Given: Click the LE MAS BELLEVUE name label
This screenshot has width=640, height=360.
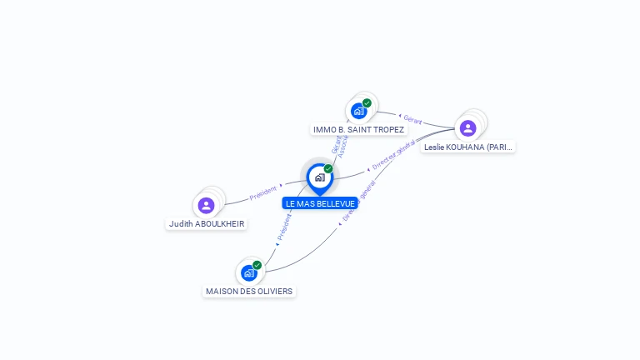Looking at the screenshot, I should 320,203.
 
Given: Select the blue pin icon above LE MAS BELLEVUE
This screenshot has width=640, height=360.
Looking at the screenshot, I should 320,177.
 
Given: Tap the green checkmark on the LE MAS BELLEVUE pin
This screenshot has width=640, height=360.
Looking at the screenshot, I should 328,169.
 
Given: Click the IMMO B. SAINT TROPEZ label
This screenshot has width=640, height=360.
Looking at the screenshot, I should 358,130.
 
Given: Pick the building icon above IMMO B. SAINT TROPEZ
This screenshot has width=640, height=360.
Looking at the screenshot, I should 358,111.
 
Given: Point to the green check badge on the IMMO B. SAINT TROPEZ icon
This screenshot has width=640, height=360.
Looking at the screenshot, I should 367,103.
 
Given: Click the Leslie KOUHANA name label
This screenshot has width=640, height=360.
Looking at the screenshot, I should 467,147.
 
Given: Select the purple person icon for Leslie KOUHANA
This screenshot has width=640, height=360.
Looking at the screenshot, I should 467,127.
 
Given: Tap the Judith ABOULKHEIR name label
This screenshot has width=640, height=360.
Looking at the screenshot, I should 207,223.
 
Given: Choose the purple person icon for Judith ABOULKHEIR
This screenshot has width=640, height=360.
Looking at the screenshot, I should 207,205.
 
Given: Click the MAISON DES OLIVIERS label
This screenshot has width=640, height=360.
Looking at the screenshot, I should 249,291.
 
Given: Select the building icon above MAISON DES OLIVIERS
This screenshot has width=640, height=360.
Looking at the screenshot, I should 248,272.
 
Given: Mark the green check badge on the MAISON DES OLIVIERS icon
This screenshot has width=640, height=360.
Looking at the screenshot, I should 257,265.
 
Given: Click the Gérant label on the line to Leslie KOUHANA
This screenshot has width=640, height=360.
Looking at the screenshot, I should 412,120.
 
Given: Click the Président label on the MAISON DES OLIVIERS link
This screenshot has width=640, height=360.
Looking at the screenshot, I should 283,228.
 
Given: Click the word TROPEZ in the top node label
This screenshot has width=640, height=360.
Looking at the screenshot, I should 387,130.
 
